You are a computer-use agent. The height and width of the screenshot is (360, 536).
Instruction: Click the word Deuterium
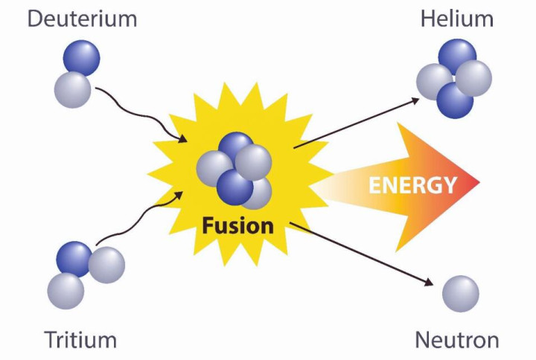[83, 18]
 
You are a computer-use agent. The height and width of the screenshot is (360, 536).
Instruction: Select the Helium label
[455, 18]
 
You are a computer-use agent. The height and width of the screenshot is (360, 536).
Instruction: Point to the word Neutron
[456, 341]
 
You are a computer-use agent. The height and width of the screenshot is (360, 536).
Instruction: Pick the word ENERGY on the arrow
[412, 184]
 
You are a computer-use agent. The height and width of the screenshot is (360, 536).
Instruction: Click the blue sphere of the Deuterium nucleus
[81, 58]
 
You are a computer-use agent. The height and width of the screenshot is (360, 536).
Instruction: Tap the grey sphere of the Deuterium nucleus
[72, 89]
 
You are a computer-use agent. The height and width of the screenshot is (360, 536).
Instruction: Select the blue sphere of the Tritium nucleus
[74, 259]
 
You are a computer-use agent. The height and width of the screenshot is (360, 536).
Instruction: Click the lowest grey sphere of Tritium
[66, 291]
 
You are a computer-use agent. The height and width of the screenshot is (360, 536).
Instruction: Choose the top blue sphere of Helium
[457, 57]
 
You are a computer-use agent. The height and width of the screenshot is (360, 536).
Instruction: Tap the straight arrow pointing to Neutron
[365, 253]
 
